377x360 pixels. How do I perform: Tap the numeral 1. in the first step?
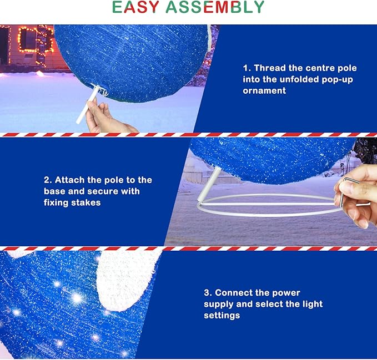(247, 68)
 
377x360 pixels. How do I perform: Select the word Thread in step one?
(270, 68)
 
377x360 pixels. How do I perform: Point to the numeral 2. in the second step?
(48, 180)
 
